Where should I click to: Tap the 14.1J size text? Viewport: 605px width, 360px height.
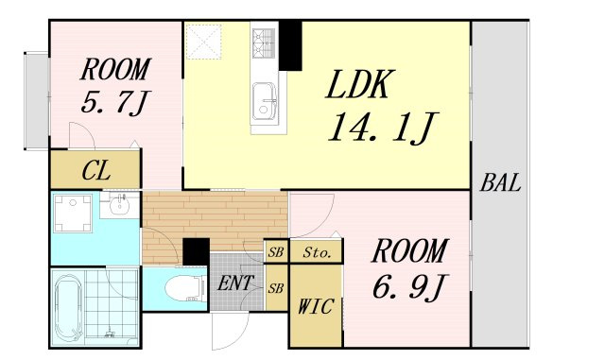[x=382, y=128]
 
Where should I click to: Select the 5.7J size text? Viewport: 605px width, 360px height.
[x=114, y=103]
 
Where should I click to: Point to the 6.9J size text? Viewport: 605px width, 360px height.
[x=409, y=287]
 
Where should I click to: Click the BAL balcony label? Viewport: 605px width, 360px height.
[x=500, y=183]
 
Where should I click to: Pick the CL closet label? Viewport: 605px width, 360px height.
[x=96, y=170]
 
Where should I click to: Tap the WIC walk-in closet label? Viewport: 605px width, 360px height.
[x=316, y=307]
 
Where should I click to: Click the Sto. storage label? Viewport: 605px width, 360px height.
[x=317, y=252]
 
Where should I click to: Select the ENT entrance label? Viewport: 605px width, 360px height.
[x=235, y=283]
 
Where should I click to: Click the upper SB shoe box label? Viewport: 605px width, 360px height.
[x=276, y=252]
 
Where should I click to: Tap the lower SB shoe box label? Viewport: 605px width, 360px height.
[x=276, y=288]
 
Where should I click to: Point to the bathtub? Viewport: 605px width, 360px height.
[x=68, y=309]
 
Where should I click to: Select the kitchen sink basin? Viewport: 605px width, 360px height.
[x=265, y=102]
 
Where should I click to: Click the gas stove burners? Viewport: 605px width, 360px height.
[x=264, y=43]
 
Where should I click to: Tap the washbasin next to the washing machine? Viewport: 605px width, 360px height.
[x=120, y=205]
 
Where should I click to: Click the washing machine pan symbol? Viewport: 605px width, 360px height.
[x=73, y=214]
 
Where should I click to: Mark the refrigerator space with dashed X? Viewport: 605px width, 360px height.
[x=203, y=42]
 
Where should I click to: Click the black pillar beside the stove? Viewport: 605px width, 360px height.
[x=290, y=45]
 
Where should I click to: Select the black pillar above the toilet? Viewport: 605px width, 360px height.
[x=196, y=251]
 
